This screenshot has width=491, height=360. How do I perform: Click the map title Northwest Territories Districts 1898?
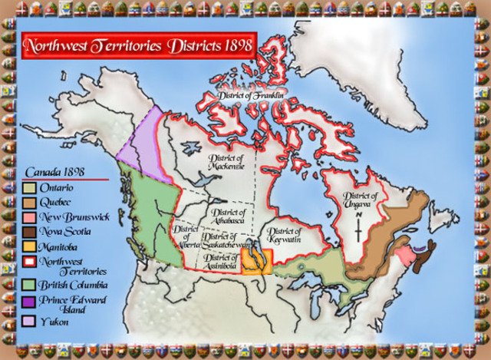pos(138,45)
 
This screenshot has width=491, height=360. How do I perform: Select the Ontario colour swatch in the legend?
pos(30,187)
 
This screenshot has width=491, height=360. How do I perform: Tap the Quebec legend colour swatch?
pos(30,202)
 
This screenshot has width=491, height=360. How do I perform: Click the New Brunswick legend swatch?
pos(30,217)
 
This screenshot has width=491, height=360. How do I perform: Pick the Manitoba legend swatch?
pos(30,246)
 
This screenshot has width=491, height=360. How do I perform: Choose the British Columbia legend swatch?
pos(30,285)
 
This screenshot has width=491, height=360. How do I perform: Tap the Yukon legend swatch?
pos(30,322)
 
